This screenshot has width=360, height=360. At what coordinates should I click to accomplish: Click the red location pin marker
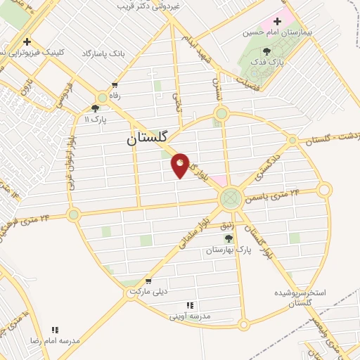[x=181, y=165]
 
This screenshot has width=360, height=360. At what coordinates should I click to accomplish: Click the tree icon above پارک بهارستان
[x=229, y=239]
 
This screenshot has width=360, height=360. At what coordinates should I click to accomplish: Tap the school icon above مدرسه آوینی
[x=189, y=305]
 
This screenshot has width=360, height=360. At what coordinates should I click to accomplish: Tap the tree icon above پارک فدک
[x=266, y=51]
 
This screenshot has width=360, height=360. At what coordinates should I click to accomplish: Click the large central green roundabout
[x=229, y=200]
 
